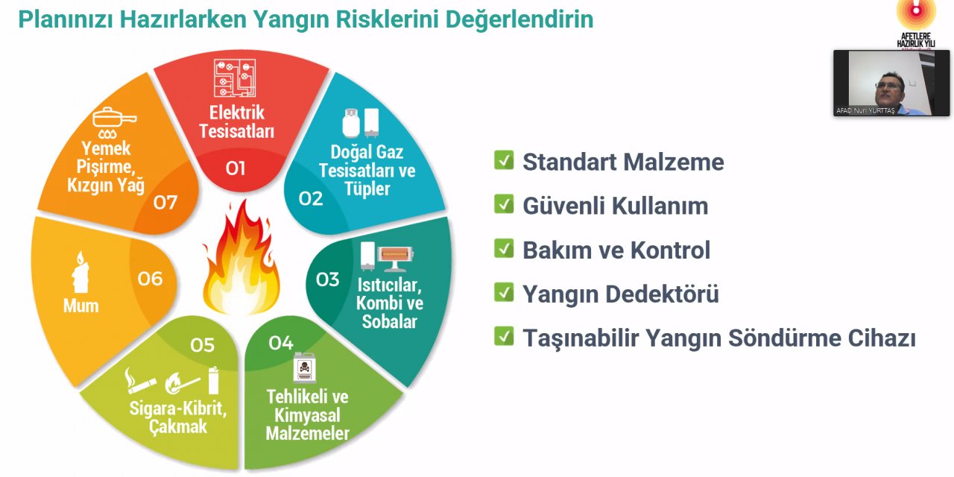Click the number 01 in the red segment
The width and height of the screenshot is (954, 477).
tap(236, 168)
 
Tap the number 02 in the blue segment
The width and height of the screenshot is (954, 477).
tap(311, 198)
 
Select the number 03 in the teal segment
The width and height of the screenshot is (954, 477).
tap(328, 279)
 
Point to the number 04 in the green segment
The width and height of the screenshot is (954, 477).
tap(281, 343)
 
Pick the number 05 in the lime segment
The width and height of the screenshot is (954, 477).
tap(202, 345)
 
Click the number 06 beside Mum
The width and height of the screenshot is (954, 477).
tap(150, 279)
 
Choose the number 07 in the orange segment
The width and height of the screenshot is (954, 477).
tap(165, 202)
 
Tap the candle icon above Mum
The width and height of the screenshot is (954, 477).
tap(80, 272)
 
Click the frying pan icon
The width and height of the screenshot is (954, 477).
tap(114, 119)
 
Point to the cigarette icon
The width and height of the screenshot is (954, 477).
tap(140, 382)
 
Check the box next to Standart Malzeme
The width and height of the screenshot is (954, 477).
tap(504, 160)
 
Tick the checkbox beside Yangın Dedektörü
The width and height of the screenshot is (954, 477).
tap(504, 293)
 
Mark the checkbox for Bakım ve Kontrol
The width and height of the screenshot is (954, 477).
tap(504, 249)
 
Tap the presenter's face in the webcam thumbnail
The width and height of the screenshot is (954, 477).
tap(888, 86)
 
